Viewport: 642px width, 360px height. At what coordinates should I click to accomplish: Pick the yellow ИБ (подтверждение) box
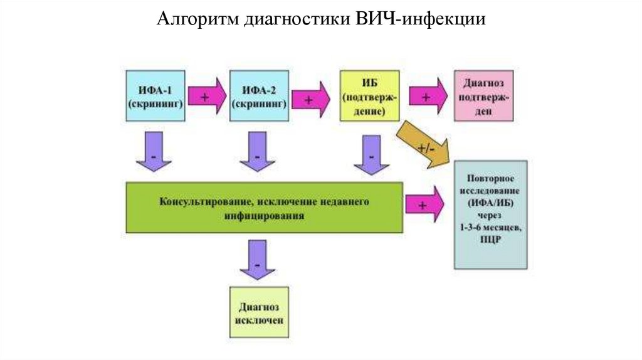coord(370,95)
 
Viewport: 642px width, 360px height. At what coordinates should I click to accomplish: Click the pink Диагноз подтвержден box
coord(483,95)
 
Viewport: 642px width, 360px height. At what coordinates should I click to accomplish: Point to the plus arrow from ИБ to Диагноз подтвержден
coord(426,97)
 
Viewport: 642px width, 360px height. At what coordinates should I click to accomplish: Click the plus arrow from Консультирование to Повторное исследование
coord(424,205)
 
